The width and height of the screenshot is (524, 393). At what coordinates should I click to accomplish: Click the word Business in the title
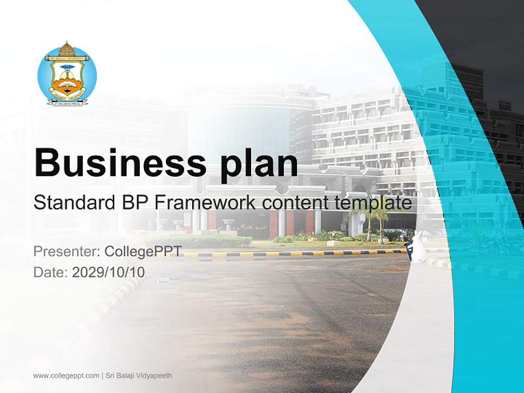(115, 163)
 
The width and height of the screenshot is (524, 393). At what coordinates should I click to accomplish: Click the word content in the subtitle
(293, 203)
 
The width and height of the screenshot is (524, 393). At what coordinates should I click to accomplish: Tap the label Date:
(51, 272)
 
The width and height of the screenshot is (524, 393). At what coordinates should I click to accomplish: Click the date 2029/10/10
(109, 272)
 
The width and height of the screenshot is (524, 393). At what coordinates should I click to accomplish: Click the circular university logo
(67, 74)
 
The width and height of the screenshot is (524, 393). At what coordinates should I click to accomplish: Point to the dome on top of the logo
(67, 47)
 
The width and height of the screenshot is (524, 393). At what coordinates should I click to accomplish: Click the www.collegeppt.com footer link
(66, 376)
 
